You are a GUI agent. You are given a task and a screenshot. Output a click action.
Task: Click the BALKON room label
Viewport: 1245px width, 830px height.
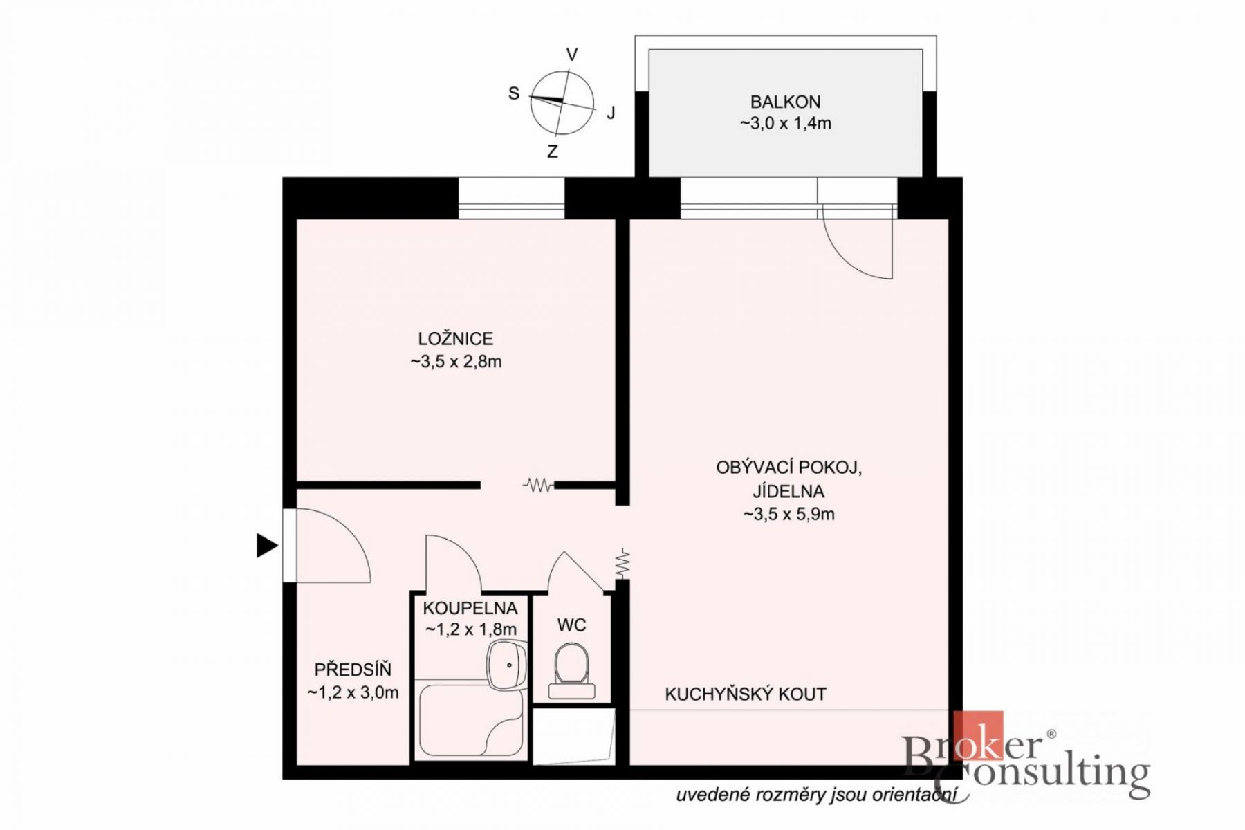[x=786, y=102]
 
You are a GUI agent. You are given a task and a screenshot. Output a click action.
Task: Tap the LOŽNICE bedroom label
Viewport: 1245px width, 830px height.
[x=456, y=339]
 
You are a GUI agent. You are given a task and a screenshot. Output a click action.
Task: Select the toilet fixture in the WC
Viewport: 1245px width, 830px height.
[x=571, y=670]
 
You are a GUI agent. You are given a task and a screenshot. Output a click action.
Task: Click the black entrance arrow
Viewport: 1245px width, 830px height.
[x=267, y=546]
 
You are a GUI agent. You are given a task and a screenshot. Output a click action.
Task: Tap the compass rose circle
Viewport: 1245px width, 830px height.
[x=562, y=103]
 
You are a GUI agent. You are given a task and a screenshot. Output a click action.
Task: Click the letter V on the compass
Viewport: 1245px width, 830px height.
[x=572, y=55]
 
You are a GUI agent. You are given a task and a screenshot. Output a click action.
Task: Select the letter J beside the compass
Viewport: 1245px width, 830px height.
[x=611, y=113]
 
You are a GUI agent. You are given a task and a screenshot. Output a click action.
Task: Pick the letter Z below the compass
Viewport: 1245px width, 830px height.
[x=552, y=151]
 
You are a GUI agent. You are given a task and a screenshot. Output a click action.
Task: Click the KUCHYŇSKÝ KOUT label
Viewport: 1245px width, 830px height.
[x=746, y=694]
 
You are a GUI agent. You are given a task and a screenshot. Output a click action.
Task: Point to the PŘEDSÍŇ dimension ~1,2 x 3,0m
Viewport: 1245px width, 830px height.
[x=353, y=692]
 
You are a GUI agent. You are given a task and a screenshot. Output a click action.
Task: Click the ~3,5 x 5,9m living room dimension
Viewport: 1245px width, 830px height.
[x=789, y=515]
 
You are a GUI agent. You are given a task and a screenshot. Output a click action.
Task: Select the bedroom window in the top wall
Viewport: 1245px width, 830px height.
[x=512, y=199]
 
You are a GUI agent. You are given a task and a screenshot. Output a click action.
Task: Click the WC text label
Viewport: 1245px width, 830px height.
[x=571, y=625]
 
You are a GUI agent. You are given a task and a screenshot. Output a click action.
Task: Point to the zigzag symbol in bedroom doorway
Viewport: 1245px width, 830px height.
[x=539, y=485]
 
